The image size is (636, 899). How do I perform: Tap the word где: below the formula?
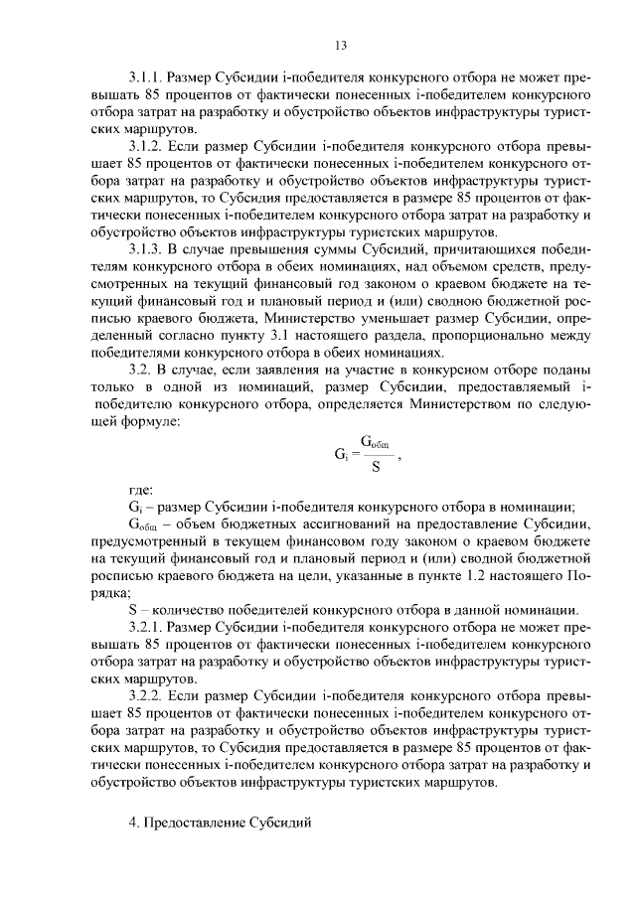point(142,490)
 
